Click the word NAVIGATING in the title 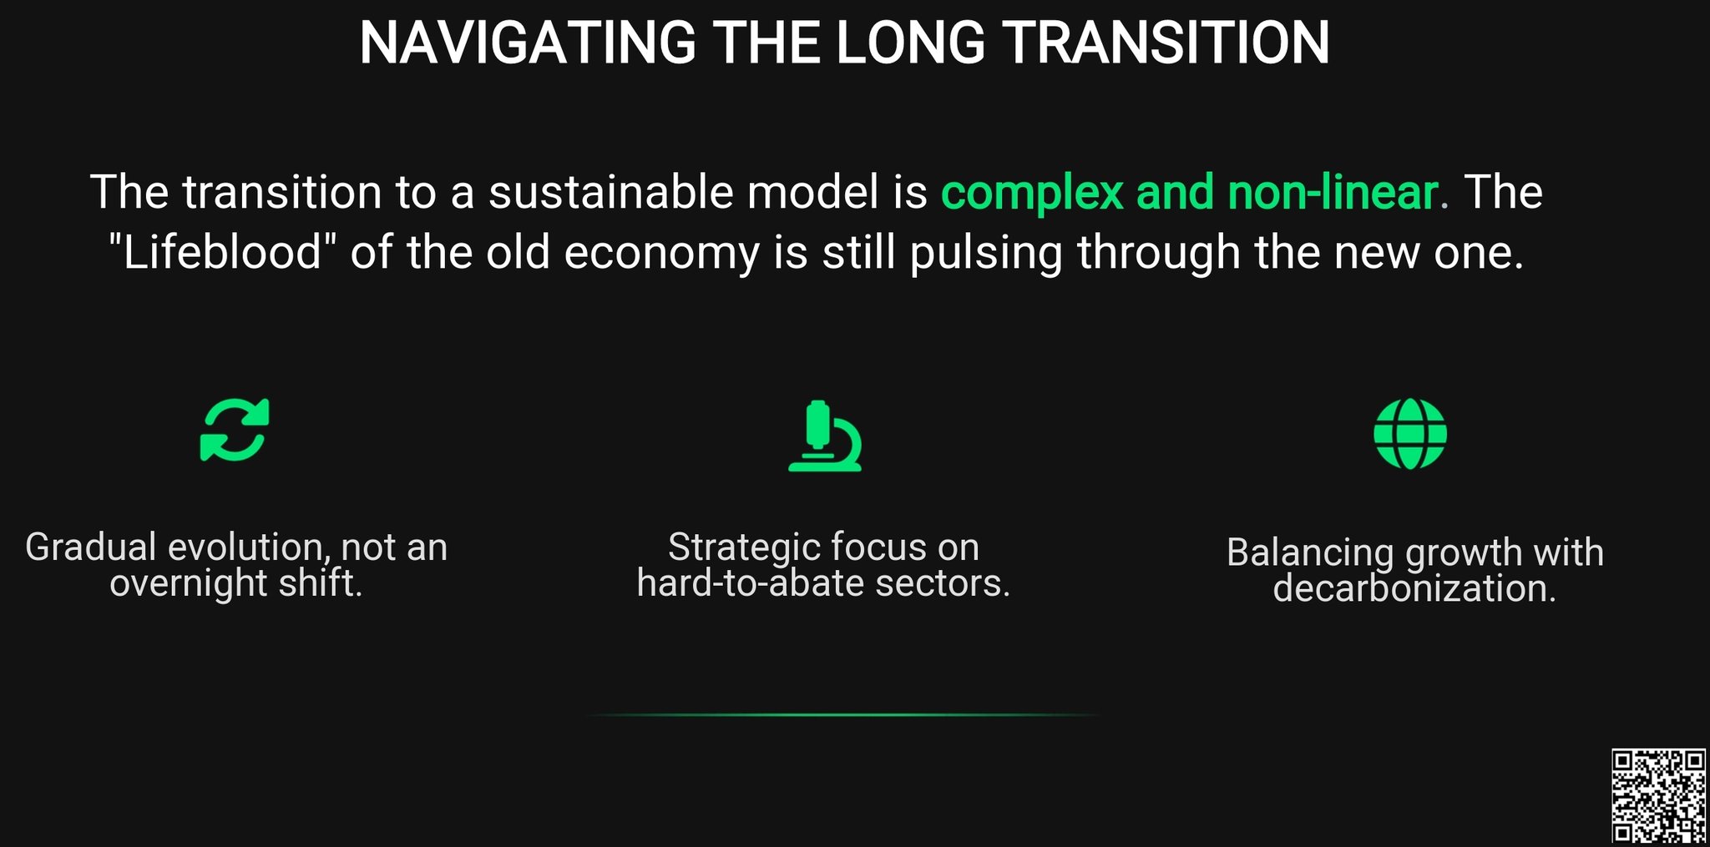click(528, 43)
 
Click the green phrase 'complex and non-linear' click(1190, 192)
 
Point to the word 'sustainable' click(610, 192)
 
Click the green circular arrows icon click(235, 430)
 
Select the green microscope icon click(824, 436)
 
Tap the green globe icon click(1410, 434)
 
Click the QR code click(1658, 796)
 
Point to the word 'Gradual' click(91, 547)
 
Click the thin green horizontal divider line click(842, 715)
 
